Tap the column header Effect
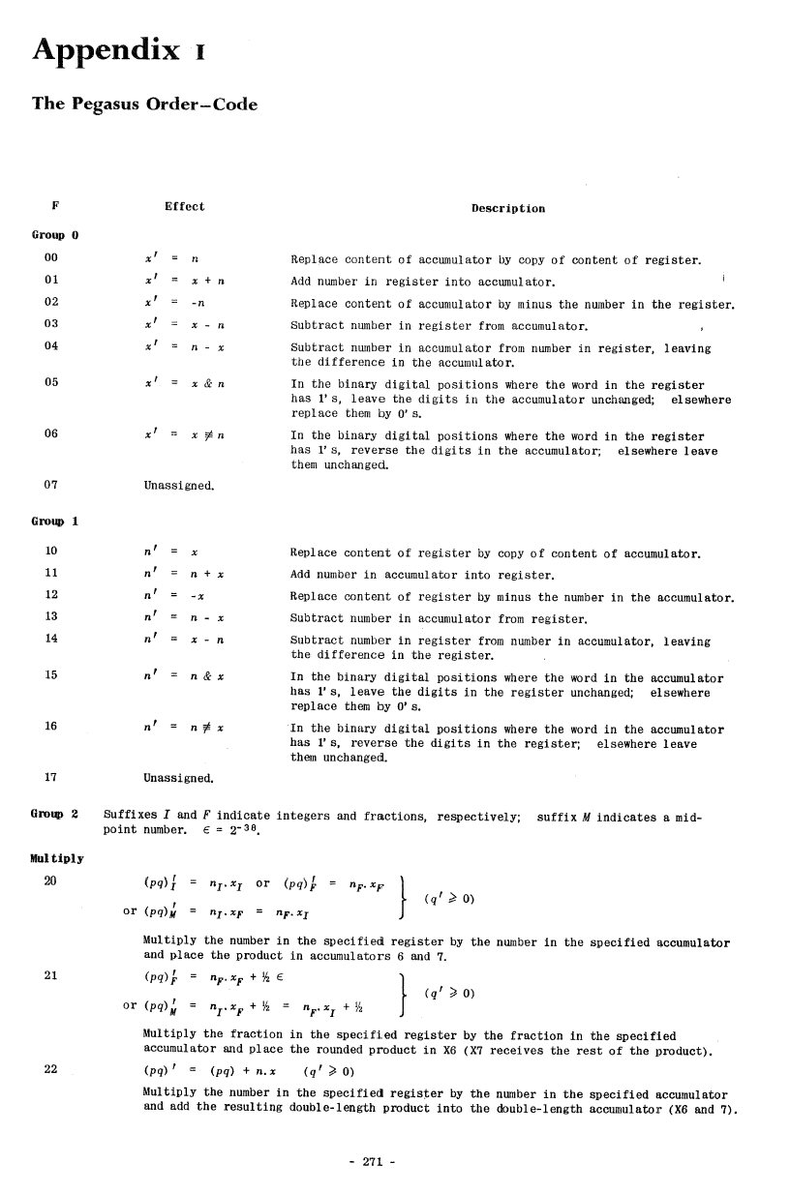click(x=184, y=206)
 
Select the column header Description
click(x=507, y=208)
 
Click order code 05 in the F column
click(x=52, y=382)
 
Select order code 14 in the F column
click(x=52, y=639)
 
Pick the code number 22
click(x=52, y=1069)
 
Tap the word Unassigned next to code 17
click(x=178, y=778)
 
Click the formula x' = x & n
click(x=184, y=382)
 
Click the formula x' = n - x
click(x=184, y=345)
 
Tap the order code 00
click(x=52, y=259)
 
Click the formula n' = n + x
click(x=184, y=575)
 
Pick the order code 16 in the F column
click(x=52, y=726)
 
